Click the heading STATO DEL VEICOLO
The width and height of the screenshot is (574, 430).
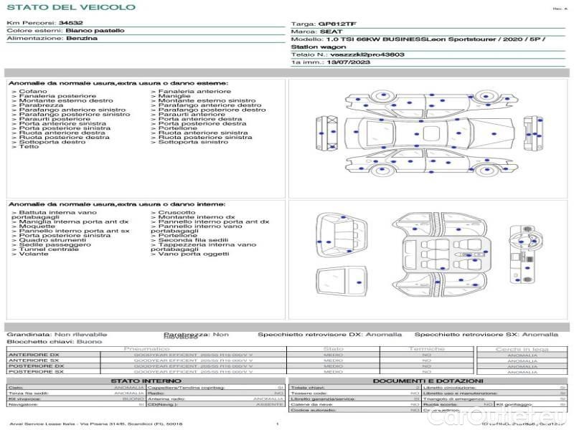click(71, 7)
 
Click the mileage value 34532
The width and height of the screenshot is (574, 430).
click(70, 24)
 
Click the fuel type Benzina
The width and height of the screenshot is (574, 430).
click(82, 38)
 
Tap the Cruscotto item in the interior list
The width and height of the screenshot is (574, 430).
click(175, 213)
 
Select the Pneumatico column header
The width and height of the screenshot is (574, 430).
click(146, 348)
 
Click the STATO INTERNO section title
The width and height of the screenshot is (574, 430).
click(141, 381)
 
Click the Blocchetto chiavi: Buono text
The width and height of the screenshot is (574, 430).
click(55, 342)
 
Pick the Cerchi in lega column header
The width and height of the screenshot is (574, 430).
click(522, 348)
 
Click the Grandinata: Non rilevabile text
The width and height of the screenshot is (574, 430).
click(57, 334)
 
